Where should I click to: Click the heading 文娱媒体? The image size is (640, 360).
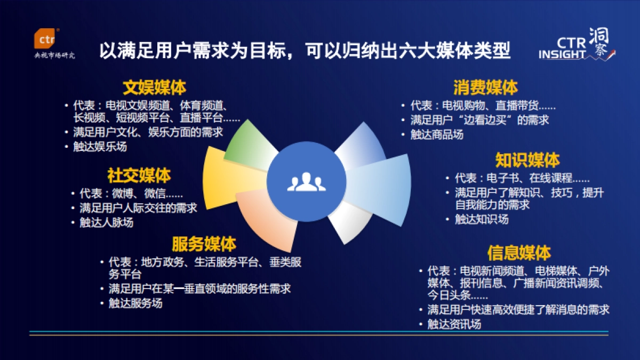point(155,87)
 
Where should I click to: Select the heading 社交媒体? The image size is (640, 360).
point(139,175)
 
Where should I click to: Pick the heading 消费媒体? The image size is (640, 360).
point(486,87)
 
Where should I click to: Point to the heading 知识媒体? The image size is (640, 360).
point(527,159)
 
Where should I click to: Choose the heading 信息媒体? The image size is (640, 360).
point(519,252)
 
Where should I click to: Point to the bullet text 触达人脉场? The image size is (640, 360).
point(107,222)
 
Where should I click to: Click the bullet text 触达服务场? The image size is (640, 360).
point(135,303)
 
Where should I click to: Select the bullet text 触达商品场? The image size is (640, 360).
point(437,134)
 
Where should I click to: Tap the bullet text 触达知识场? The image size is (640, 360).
point(482,219)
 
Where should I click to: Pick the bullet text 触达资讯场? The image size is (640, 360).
point(454,324)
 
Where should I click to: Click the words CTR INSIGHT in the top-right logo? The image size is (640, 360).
point(564,48)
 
